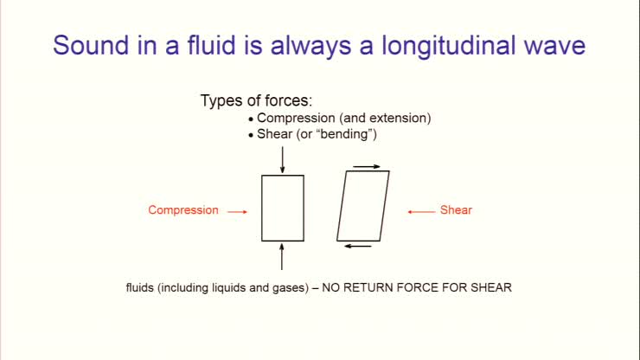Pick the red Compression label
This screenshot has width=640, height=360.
[x=183, y=210]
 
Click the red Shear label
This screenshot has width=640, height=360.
[x=456, y=210]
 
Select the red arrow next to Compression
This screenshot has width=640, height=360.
[x=238, y=211]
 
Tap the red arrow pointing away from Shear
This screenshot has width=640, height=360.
[x=420, y=211]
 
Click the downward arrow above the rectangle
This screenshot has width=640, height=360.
[x=283, y=160]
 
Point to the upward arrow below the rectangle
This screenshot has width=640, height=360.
[x=283, y=256]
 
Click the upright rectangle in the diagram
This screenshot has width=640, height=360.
[x=283, y=208]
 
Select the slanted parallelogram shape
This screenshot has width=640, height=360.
[x=363, y=206]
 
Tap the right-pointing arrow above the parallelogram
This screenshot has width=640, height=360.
[x=367, y=165]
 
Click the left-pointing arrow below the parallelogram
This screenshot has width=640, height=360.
[x=357, y=247]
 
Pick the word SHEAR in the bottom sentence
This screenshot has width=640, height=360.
[x=494, y=286]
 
